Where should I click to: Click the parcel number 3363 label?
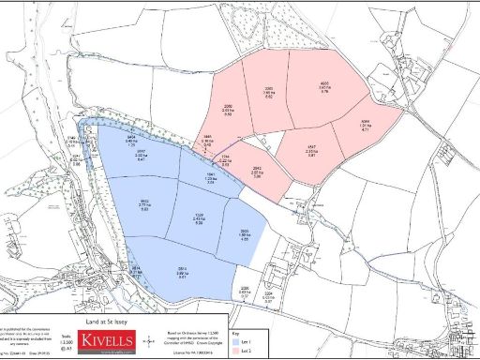(269, 91)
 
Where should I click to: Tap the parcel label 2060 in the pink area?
(227, 110)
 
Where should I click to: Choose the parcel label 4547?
(310, 148)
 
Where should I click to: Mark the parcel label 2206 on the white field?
(246, 290)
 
